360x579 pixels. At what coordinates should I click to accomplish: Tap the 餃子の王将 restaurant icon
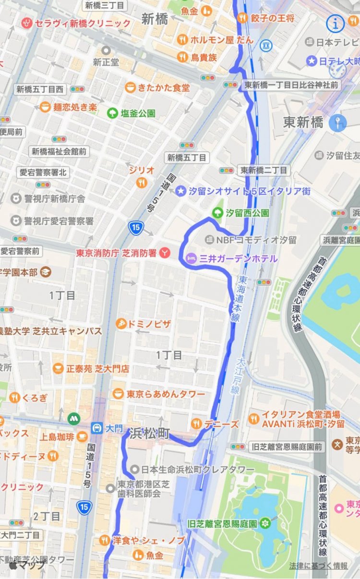coord(242,18)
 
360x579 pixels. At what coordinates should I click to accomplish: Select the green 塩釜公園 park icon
coord(113,113)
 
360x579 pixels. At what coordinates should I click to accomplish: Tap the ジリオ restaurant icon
coord(141,182)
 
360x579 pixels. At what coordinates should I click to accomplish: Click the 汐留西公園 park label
coord(247,212)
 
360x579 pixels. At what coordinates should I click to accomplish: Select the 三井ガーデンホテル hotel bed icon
coord(191,259)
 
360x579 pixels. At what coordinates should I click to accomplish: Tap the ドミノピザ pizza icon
coord(121,324)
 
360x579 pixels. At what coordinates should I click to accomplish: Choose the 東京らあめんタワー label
coord(166,394)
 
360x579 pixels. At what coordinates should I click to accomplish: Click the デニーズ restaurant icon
coord(196,423)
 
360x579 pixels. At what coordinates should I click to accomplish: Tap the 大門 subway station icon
coord(96,427)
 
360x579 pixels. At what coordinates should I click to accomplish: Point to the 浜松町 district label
coord(149,433)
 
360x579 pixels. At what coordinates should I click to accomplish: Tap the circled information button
coord(335,22)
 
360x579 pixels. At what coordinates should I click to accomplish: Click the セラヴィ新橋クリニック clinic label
coord(83,23)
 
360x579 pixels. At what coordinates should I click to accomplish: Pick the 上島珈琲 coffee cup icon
coord(82,437)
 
